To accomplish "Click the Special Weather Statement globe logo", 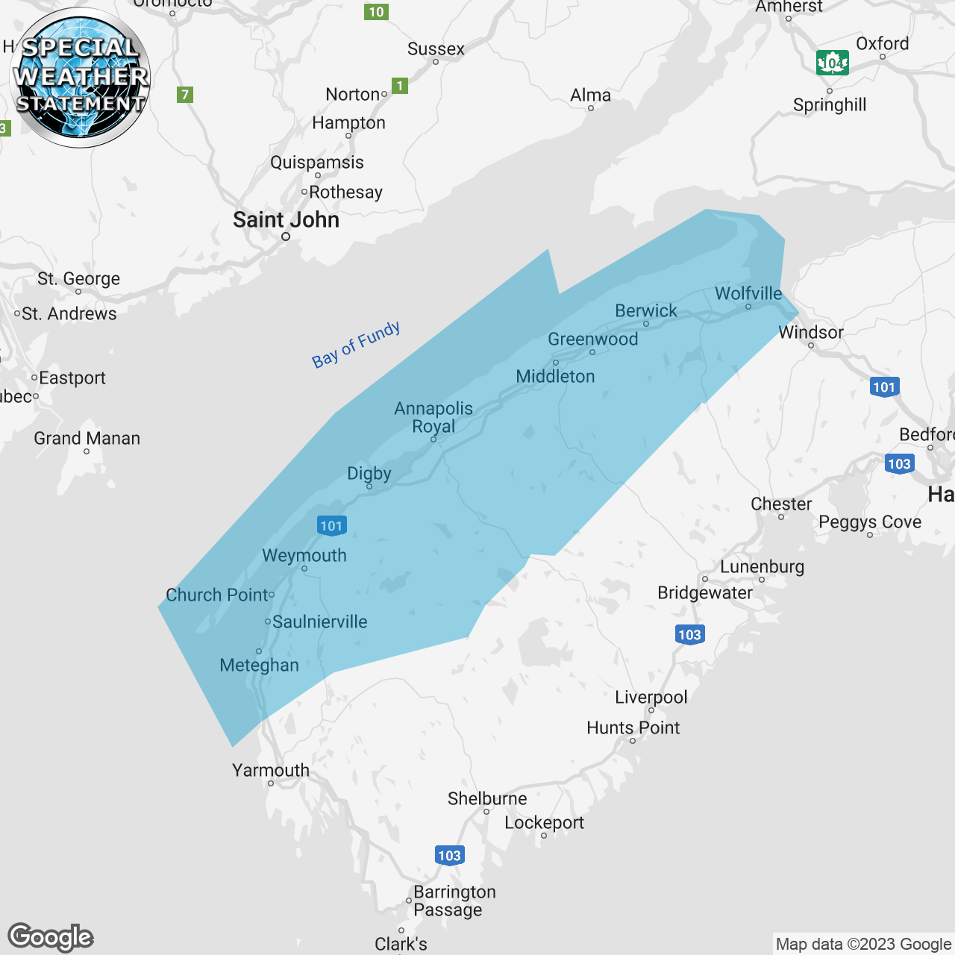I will (x=81, y=78).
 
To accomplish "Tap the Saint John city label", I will (x=286, y=220).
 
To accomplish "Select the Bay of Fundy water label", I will (x=356, y=345).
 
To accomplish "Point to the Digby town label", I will (x=369, y=474).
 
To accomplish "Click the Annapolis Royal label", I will (x=433, y=418).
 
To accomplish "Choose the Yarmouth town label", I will (x=271, y=770).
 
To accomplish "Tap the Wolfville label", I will (x=748, y=294).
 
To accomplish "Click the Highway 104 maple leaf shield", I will (x=832, y=63).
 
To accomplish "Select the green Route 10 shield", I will (x=377, y=12).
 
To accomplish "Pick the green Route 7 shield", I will (x=185, y=95).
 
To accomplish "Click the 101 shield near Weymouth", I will (x=331, y=526).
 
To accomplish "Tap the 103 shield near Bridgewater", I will (x=689, y=635).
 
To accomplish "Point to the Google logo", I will (x=51, y=937).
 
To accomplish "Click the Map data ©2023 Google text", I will (x=863, y=945).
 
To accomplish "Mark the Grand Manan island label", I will (x=87, y=439).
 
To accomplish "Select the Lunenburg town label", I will (x=762, y=567).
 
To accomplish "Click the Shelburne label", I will (x=487, y=799).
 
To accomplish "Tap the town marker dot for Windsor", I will (x=811, y=345).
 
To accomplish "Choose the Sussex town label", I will (x=436, y=49).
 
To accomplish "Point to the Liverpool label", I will (x=651, y=698).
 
